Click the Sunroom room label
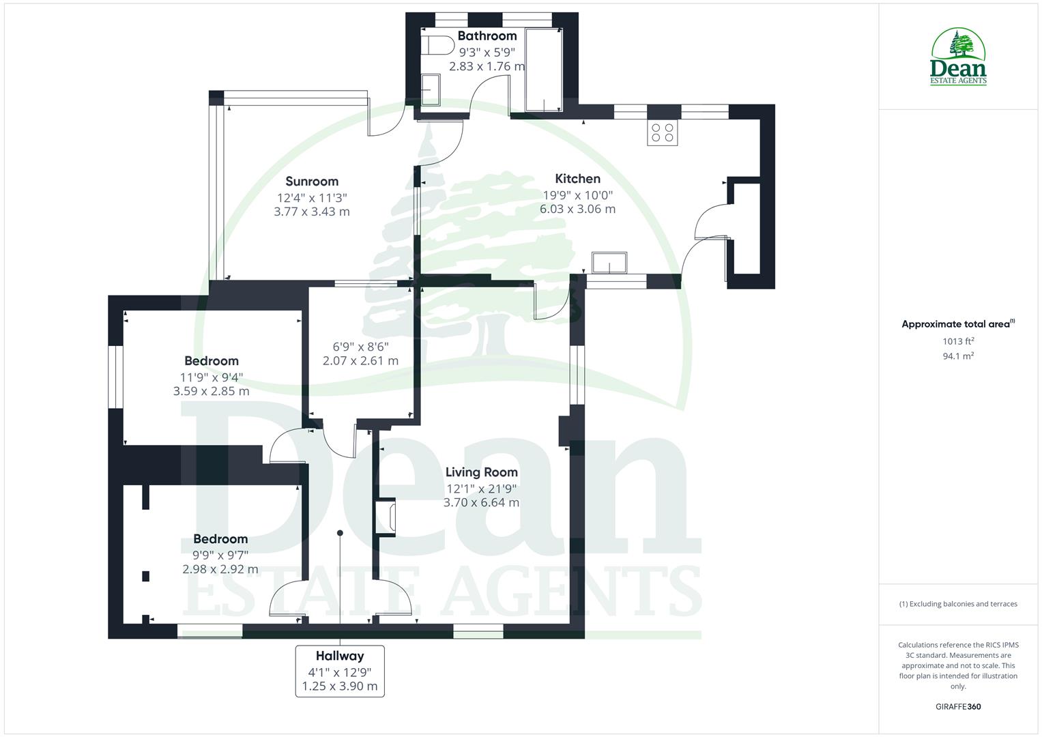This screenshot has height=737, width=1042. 312,182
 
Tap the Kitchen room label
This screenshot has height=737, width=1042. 577,179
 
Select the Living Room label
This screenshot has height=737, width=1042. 481,472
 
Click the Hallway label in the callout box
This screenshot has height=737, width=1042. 340,656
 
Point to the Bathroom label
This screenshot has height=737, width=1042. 487,36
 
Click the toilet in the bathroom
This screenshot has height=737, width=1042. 437,46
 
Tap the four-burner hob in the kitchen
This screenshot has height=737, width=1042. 663,132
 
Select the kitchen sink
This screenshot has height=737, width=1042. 609,263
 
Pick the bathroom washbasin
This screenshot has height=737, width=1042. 431,90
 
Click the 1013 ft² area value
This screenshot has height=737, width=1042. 958,341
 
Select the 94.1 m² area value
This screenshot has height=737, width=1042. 958,356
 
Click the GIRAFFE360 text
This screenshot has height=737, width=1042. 958,706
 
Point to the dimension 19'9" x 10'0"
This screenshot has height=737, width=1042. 577,194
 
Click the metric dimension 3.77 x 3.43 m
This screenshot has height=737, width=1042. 312,212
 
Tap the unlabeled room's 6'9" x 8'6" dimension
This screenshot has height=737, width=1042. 360,346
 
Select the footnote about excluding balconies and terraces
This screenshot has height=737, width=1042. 958,604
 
